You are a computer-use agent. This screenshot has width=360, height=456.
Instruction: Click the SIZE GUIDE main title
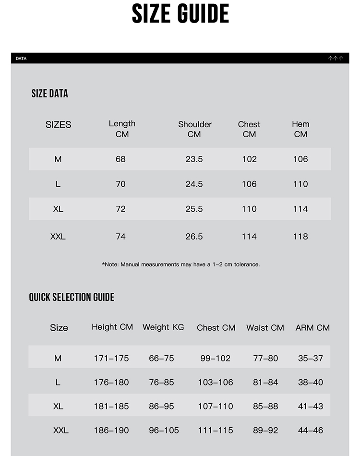pyautogui.click(x=180, y=14)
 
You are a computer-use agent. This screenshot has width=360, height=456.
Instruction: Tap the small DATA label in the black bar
pyautogui.click(x=21, y=59)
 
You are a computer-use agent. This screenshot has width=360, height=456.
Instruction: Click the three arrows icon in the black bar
pyautogui.click(x=336, y=59)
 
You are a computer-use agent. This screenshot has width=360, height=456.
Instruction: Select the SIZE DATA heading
pyautogui.click(x=49, y=94)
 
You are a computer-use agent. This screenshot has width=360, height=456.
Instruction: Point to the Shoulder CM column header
pyautogui.click(x=194, y=129)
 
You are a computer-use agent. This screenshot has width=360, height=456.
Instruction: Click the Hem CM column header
pyautogui.click(x=300, y=129)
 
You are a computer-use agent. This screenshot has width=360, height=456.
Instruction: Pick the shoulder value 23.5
pyautogui.click(x=194, y=159)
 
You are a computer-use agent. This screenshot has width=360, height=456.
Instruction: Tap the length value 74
pyautogui.click(x=120, y=237)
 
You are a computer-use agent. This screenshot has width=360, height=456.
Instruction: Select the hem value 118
pyautogui.click(x=300, y=237)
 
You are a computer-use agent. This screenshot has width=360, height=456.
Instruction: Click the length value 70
pyautogui.click(x=120, y=184)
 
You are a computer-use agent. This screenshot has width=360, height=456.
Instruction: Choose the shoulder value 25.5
pyautogui.click(x=194, y=209)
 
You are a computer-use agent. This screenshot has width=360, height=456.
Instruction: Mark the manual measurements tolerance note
pyautogui.click(x=181, y=264)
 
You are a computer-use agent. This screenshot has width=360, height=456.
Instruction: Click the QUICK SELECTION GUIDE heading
pyautogui.click(x=72, y=297)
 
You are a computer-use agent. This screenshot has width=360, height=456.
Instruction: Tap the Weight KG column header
pyautogui.click(x=163, y=327)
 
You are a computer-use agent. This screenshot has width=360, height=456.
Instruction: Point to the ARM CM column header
pyautogui.click(x=312, y=328)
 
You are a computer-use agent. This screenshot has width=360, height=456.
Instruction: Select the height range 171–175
pyautogui.click(x=111, y=359)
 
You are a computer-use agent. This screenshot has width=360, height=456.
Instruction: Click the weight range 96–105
pyautogui.click(x=164, y=431)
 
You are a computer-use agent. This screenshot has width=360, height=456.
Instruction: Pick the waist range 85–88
pyautogui.click(x=265, y=407)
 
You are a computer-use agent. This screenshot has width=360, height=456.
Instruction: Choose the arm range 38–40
pyautogui.click(x=311, y=383)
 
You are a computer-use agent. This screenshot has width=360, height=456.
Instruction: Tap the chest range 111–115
pyautogui.click(x=216, y=431)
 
